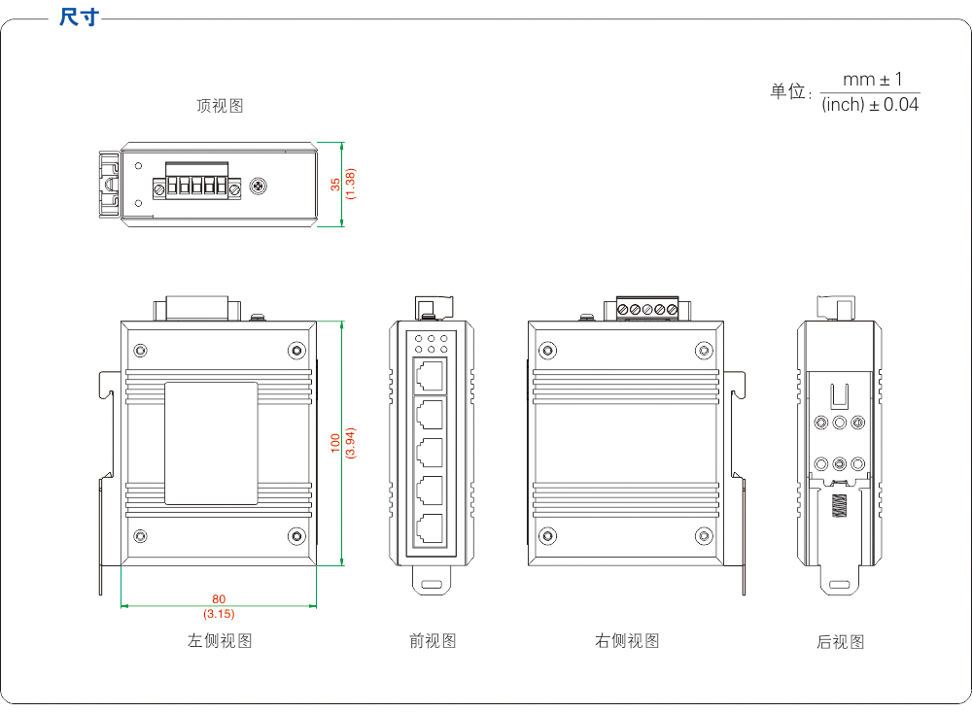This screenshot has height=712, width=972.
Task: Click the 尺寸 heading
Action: click(78, 17)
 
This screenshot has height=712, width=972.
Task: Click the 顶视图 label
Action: click(220, 106)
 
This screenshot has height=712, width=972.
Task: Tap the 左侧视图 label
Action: click(220, 641)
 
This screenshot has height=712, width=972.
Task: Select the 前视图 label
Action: click(433, 641)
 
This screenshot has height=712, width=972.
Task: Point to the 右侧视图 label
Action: click(627, 641)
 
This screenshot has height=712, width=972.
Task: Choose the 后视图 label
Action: click(840, 642)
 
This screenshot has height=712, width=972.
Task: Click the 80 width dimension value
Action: click(219, 599)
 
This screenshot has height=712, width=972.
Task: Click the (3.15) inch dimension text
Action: click(219, 614)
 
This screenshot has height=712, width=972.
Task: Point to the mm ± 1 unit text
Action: click(871, 80)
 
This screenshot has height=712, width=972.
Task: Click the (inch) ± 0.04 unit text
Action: click(870, 105)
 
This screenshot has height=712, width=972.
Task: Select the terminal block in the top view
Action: click(195, 185)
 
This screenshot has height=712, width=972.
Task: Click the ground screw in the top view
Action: click(259, 185)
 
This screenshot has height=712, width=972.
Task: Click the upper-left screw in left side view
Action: click(141, 350)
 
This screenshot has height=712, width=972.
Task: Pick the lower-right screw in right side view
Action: click(703, 535)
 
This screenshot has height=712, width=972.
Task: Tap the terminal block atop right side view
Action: click(646, 309)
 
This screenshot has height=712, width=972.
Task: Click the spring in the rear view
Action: click(839, 507)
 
